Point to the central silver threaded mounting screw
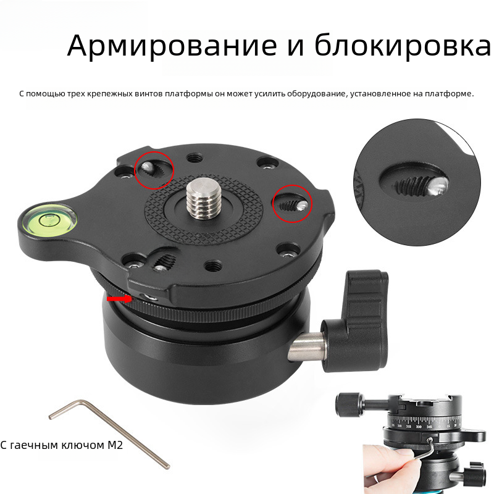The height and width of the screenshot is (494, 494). (x=197, y=198)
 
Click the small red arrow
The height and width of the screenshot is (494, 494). (x=119, y=298)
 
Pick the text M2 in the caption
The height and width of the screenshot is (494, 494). (x=115, y=445)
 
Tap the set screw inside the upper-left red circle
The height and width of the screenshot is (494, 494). (x=148, y=169)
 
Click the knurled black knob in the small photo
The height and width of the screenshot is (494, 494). (x=349, y=404)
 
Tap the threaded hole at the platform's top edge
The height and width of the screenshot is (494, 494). (x=194, y=157)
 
